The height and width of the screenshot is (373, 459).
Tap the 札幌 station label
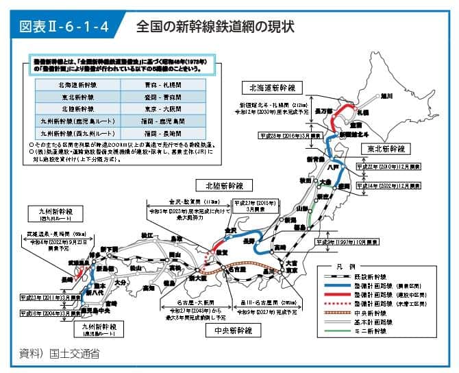pyautogui.click(x=362, y=112)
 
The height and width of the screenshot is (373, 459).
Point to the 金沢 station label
pyautogui.click(x=229, y=230)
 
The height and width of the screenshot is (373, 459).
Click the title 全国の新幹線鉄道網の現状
pyautogui.click(x=214, y=27)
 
